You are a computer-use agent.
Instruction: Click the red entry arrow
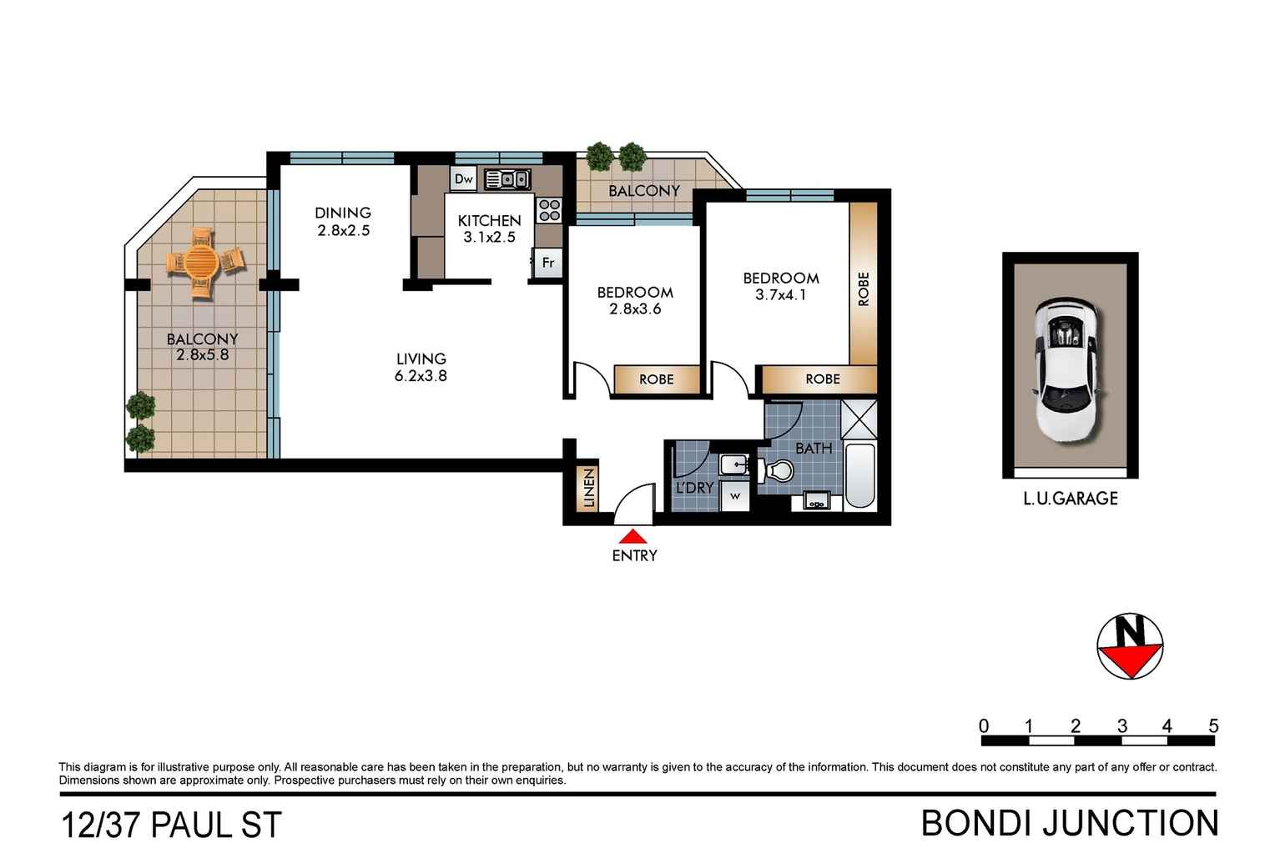634,537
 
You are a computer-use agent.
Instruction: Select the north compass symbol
1130,647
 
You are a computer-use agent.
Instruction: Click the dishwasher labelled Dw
464,179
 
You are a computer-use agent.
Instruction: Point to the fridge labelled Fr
548,263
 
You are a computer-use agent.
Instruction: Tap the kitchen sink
507,179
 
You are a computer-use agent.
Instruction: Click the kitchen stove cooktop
549,209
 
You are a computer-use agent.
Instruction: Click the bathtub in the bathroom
860,476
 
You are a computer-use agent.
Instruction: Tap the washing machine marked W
735,496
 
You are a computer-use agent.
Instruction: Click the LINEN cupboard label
589,488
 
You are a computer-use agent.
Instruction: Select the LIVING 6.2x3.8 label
421,367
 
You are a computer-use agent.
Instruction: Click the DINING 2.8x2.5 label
343,222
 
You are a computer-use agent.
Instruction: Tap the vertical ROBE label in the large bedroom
864,289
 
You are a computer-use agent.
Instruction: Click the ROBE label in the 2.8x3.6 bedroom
657,379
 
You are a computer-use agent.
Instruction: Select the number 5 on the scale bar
1213,726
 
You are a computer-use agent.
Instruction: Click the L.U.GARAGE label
1071,499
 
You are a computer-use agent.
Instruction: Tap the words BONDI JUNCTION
1069,824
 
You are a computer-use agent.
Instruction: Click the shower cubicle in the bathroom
859,419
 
